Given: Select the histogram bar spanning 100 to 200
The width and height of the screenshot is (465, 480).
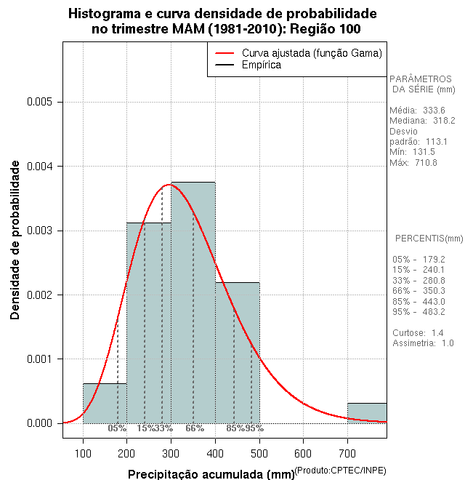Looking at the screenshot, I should (105, 403).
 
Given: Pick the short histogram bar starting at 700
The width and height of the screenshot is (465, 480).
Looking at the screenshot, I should (367, 412).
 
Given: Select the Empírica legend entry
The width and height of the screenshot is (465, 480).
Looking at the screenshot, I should (261, 65).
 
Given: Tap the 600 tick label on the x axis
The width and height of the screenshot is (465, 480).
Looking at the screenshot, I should (303, 454).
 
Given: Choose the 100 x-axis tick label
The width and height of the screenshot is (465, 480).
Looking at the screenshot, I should (83, 454).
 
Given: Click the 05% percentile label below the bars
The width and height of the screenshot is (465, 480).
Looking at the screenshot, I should (117, 428).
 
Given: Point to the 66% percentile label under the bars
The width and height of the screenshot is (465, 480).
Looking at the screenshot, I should (195, 428).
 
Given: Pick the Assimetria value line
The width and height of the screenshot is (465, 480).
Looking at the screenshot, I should (413, 343).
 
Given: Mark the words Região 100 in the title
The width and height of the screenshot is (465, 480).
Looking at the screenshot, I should (323, 29).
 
